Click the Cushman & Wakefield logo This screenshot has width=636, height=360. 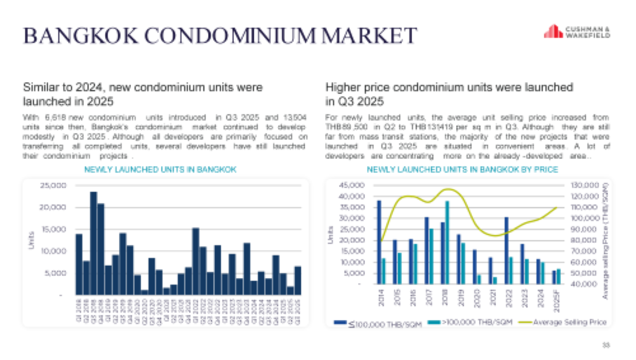pyautogui.click(x=577, y=32)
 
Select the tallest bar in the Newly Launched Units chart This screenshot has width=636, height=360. pyautogui.click(x=93, y=242)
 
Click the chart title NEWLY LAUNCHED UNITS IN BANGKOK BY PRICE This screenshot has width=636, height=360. pyautogui.click(x=462, y=170)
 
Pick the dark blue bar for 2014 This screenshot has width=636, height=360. pyautogui.click(x=379, y=242)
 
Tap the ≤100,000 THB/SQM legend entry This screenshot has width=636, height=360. pyautogui.click(x=375, y=322)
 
